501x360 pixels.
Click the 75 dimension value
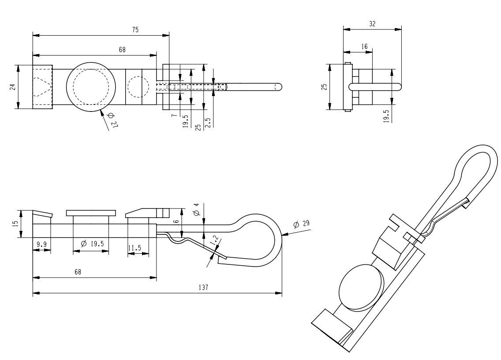(x=135, y=30)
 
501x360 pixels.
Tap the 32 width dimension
(x=372, y=24)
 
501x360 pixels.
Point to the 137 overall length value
(x=203, y=287)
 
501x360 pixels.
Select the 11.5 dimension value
(x=135, y=248)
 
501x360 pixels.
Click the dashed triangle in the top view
(x=42, y=86)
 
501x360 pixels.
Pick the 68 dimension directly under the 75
(x=122, y=50)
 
